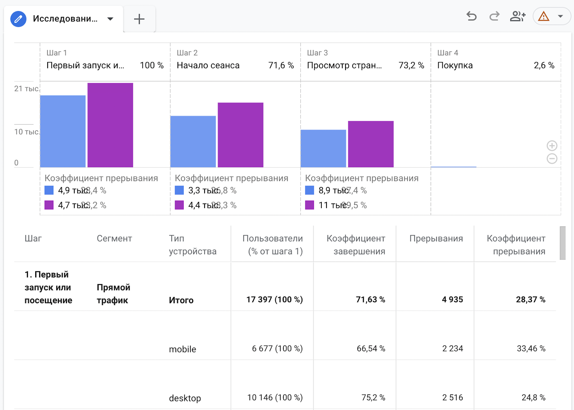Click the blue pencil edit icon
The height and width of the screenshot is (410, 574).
pos(18,19)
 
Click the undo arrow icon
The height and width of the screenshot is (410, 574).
pos(471,16)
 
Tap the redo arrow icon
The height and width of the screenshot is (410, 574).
pos(494,16)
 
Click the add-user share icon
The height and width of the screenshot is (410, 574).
pos(517,16)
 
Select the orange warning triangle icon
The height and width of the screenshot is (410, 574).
pos(544,17)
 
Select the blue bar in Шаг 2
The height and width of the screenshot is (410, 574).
pos(193,141)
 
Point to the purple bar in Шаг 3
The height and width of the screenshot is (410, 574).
pos(371,144)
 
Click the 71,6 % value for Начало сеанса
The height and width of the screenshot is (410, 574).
pos(281,65)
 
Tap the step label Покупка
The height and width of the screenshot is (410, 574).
pos(455,65)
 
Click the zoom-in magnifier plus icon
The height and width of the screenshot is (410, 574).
pos(552,146)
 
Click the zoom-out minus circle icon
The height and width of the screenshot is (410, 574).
pos(552,159)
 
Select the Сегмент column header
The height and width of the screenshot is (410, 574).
pos(114,239)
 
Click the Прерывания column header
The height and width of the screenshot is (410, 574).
pos(436,239)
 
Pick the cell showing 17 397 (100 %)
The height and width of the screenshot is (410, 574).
pos(274,300)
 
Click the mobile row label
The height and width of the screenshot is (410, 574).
pos(182,349)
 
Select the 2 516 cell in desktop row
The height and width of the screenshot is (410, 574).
pos(452,397)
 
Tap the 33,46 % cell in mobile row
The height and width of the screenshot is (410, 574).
pos(531,348)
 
